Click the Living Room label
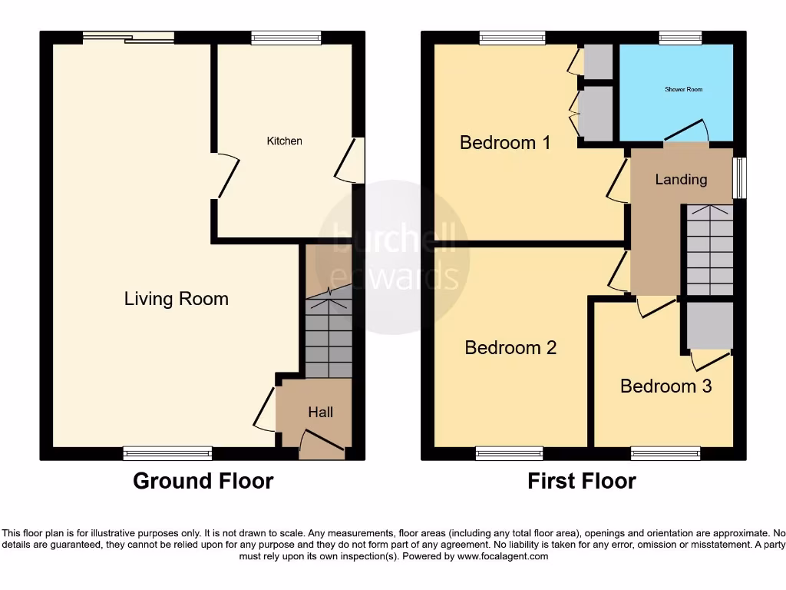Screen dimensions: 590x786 click(x=177, y=299)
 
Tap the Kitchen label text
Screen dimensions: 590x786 click(x=284, y=141)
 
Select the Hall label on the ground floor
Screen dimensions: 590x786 click(x=320, y=413)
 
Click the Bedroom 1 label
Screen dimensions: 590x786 click(x=505, y=142)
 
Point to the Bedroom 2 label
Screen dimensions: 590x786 click(x=510, y=348)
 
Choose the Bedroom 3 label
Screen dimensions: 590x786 click(x=665, y=386)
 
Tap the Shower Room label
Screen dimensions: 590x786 click(x=683, y=90)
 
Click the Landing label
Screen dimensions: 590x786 click(x=681, y=179)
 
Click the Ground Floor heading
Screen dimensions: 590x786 click(x=203, y=481)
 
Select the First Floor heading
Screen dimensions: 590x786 click(x=581, y=481)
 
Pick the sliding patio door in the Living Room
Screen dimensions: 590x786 click(x=129, y=37)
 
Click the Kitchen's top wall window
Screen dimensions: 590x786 click(x=286, y=37)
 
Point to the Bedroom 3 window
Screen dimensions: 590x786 click(x=665, y=453)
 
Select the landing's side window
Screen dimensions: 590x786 click(x=739, y=178)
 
